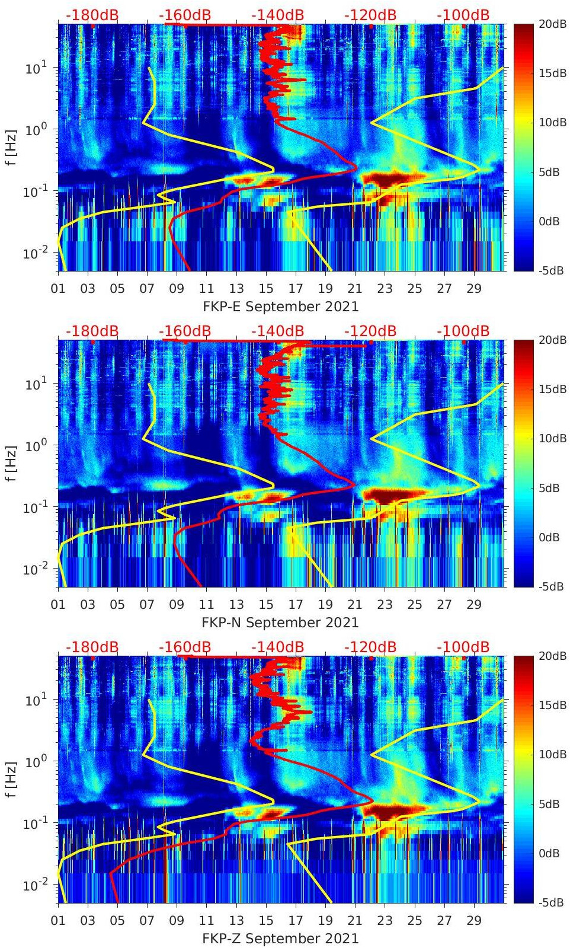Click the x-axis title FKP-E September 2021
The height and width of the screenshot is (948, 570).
coord(281,307)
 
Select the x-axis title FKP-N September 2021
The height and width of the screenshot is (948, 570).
coord(281,623)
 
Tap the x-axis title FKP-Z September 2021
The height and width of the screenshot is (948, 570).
coord(281,939)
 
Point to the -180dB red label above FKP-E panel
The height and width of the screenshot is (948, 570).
coord(92,15)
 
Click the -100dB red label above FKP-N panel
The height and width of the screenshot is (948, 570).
coord(463,331)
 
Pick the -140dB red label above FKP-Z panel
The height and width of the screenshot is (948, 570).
coord(277,647)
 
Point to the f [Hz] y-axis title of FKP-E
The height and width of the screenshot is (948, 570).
coord(11,148)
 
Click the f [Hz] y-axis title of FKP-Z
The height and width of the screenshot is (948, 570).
coord(11,780)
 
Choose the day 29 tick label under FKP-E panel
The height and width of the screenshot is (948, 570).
coord(474,289)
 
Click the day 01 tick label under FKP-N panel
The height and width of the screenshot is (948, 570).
coord(58,605)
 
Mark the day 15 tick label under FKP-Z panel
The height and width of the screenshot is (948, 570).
coord(266,921)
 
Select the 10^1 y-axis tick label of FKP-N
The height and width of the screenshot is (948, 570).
coord(35,384)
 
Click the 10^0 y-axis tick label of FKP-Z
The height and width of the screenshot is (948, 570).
coord(35,761)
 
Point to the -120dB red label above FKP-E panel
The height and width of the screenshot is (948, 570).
coord(370,15)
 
